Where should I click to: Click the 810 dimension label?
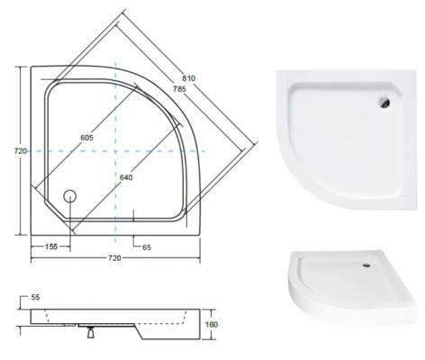click(x=189, y=78)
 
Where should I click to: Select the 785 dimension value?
click(x=179, y=89)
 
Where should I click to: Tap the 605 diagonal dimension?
click(x=87, y=138)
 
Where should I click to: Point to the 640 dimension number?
click(x=126, y=177)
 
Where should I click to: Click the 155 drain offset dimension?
click(x=51, y=247)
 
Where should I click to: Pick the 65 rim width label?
click(x=147, y=247)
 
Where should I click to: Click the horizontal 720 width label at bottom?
click(x=114, y=258)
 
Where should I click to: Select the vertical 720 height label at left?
click(x=21, y=151)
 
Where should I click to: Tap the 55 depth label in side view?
click(x=35, y=297)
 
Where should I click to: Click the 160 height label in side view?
click(x=212, y=324)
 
